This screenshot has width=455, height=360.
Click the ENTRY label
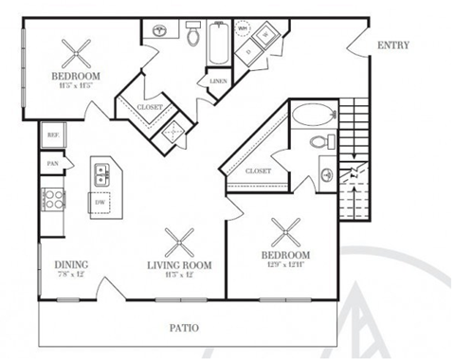(x=392, y=45)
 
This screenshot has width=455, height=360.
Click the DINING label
(x=71, y=264)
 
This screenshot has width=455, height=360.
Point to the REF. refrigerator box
(x=52, y=136)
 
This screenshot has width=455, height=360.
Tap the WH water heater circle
(x=242, y=28)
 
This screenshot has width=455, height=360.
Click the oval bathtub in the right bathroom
(x=311, y=117)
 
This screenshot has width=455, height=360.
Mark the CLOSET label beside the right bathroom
(x=258, y=171)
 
